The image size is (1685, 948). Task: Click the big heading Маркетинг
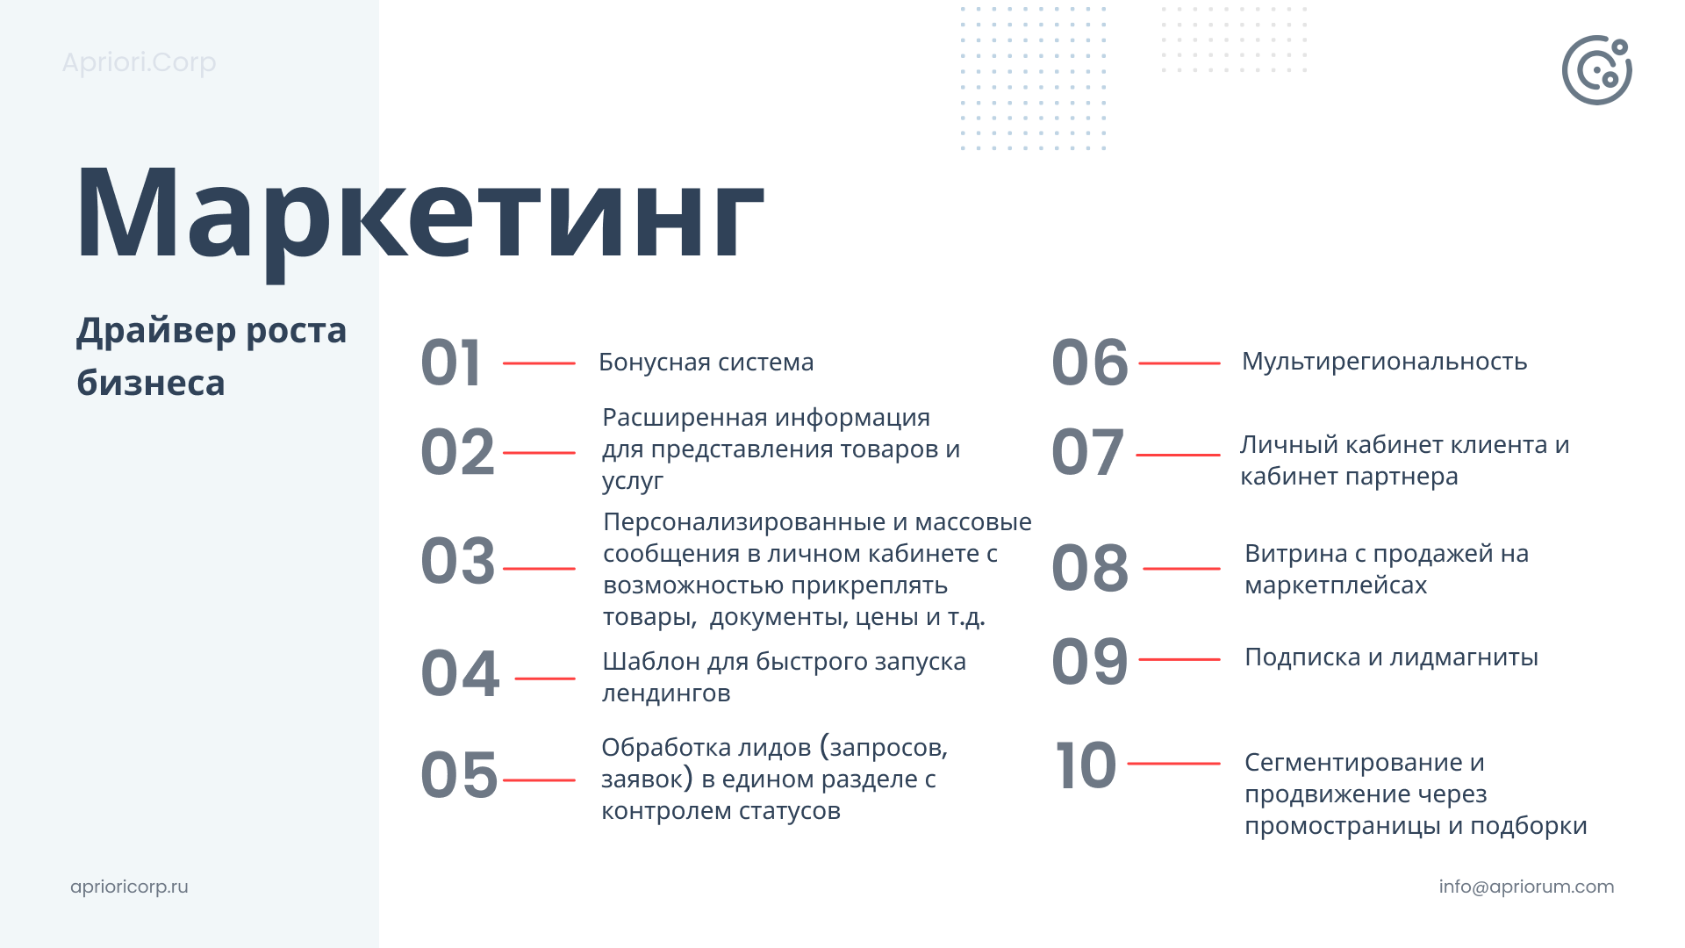[419, 215]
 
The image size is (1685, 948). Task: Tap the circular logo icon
[1596, 70]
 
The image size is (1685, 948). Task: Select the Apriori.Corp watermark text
[139, 63]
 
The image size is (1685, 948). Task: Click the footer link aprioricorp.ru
[129, 887]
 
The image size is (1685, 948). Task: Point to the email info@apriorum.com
[1526, 887]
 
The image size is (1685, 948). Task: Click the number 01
[451, 363]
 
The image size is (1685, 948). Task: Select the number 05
[459, 776]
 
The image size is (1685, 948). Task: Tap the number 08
[1090, 568]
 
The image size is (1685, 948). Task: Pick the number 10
[1086, 765]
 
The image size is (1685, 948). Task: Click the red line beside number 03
[539, 569]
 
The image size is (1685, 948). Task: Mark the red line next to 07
[1178, 455]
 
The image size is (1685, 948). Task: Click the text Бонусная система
[706, 362]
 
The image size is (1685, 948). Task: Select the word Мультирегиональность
[1384, 362]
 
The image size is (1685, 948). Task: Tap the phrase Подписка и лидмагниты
[1391, 657]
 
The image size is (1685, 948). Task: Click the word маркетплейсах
[1336, 585]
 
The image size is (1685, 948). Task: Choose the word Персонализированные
[744, 522]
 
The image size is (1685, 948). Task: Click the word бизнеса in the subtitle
[151, 384]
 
